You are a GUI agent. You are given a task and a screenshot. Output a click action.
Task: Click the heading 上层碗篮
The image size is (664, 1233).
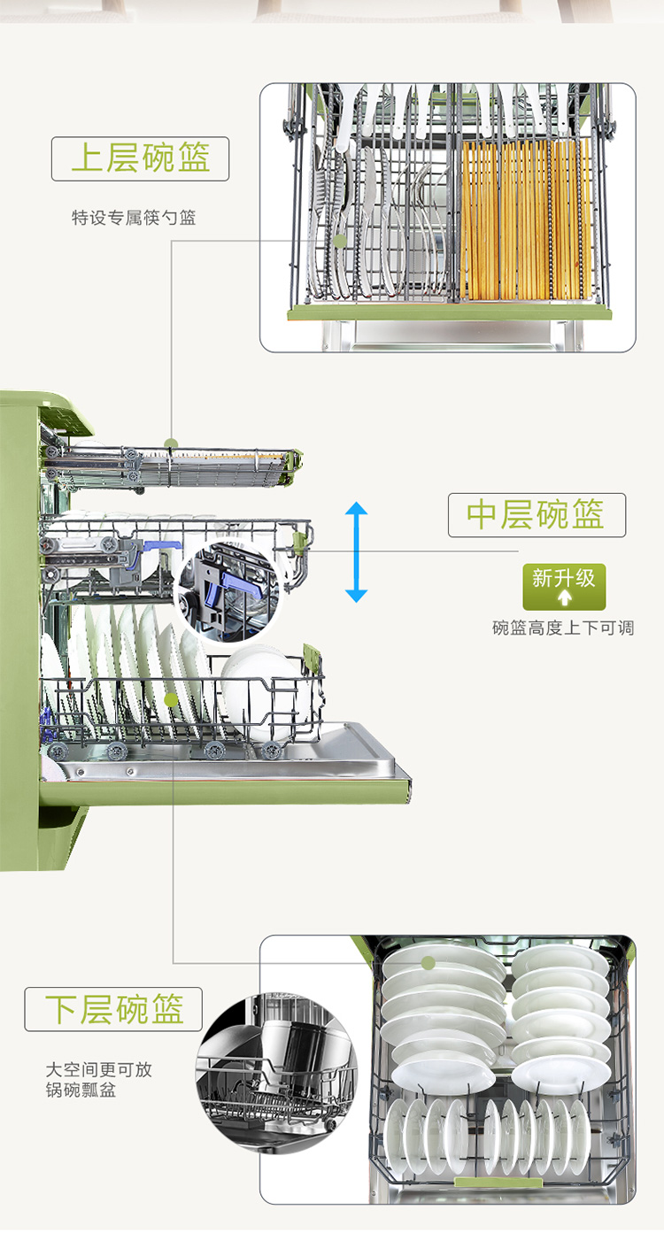tap(140, 159)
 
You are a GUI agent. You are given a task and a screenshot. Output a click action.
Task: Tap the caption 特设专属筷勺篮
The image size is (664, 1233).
tap(134, 217)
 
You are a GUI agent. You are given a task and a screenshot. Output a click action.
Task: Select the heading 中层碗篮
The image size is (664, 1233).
tap(537, 515)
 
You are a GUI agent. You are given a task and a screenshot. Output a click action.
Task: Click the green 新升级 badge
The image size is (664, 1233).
tap(564, 586)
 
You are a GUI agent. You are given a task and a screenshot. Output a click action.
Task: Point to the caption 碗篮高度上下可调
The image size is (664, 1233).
tap(563, 628)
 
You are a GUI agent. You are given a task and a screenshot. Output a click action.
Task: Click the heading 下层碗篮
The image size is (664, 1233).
tap(114, 1009)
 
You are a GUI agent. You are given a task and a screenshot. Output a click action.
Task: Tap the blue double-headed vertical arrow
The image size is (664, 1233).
tap(356, 551)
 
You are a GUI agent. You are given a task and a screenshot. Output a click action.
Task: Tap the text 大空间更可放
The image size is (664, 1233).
tap(99, 1069)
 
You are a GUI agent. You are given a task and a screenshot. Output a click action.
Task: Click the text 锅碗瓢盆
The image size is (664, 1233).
tap(81, 1090)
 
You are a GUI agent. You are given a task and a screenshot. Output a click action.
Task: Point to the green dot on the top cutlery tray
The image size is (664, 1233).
tap(171, 443)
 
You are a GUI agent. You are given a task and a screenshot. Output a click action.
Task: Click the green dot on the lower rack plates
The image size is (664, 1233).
tap(173, 700)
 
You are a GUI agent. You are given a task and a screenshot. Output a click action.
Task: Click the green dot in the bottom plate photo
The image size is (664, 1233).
tap(429, 963)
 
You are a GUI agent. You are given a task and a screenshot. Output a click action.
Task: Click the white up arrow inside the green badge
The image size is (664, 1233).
tap(564, 597)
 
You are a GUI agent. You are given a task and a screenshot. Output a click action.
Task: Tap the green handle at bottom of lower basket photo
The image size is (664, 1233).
tap(498, 1183)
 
